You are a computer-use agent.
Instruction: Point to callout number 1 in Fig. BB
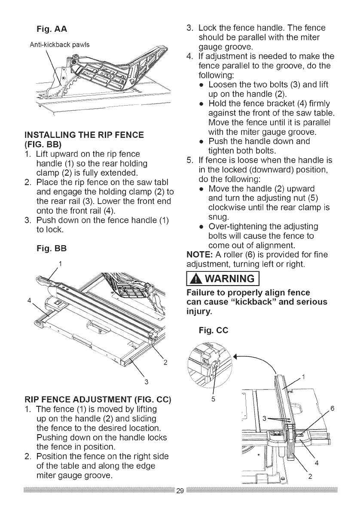(61, 263)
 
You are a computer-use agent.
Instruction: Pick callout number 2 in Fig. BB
(165, 361)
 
